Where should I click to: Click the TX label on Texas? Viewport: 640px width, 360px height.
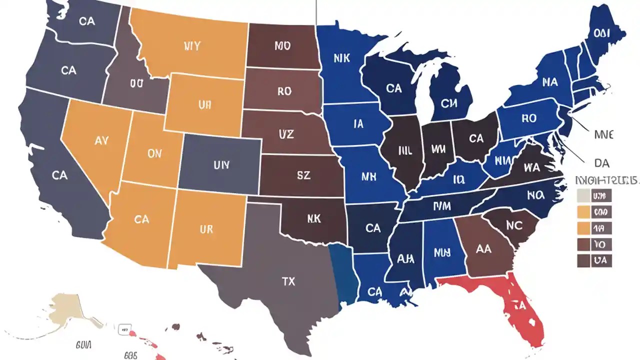[288, 281]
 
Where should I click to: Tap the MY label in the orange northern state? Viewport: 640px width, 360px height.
[191, 46]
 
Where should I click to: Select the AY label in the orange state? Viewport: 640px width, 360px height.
[101, 140]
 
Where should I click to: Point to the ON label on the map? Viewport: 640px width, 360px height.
[154, 154]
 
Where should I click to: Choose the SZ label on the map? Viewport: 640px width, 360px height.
[303, 175]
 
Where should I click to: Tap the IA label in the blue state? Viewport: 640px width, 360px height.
[358, 123]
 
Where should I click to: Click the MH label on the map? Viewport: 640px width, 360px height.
[368, 176]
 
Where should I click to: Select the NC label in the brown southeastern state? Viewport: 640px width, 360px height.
[514, 225]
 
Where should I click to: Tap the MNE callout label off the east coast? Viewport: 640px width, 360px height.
[603, 134]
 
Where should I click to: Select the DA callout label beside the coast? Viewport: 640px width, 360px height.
[602, 163]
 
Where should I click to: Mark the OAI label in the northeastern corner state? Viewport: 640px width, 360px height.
[602, 32]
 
